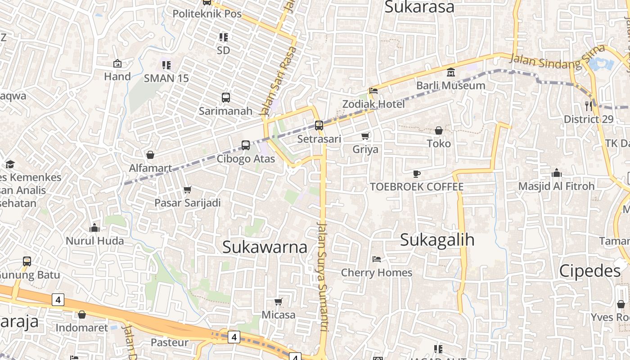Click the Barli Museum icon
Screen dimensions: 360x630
tap(450, 72)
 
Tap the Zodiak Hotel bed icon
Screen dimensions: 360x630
tap(373, 90)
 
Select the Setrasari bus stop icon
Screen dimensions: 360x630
tap(319, 126)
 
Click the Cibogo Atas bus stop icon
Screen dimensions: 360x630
tap(246, 145)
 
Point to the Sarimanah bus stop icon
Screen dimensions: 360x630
tap(226, 97)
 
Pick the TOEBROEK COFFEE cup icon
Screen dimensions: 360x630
tap(417, 174)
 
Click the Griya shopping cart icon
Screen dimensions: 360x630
tap(365, 136)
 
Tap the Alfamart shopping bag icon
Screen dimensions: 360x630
tap(150, 155)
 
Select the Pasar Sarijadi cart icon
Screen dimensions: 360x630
tap(188, 190)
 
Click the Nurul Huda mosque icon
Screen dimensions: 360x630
tap(94, 228)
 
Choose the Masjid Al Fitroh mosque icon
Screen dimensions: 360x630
tap(557, 173)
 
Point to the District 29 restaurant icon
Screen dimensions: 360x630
tap(589, 106)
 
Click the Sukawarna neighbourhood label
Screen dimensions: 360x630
tap(265, 247)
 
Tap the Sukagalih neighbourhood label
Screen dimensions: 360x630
tap(437, 240)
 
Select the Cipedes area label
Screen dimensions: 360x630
tap(590, 271)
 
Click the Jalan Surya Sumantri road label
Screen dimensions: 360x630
tap(323, 276)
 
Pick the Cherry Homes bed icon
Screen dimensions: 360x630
tap(377, 259)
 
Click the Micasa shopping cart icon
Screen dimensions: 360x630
tap(279, 301)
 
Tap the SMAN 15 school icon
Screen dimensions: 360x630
tap(166, 65)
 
